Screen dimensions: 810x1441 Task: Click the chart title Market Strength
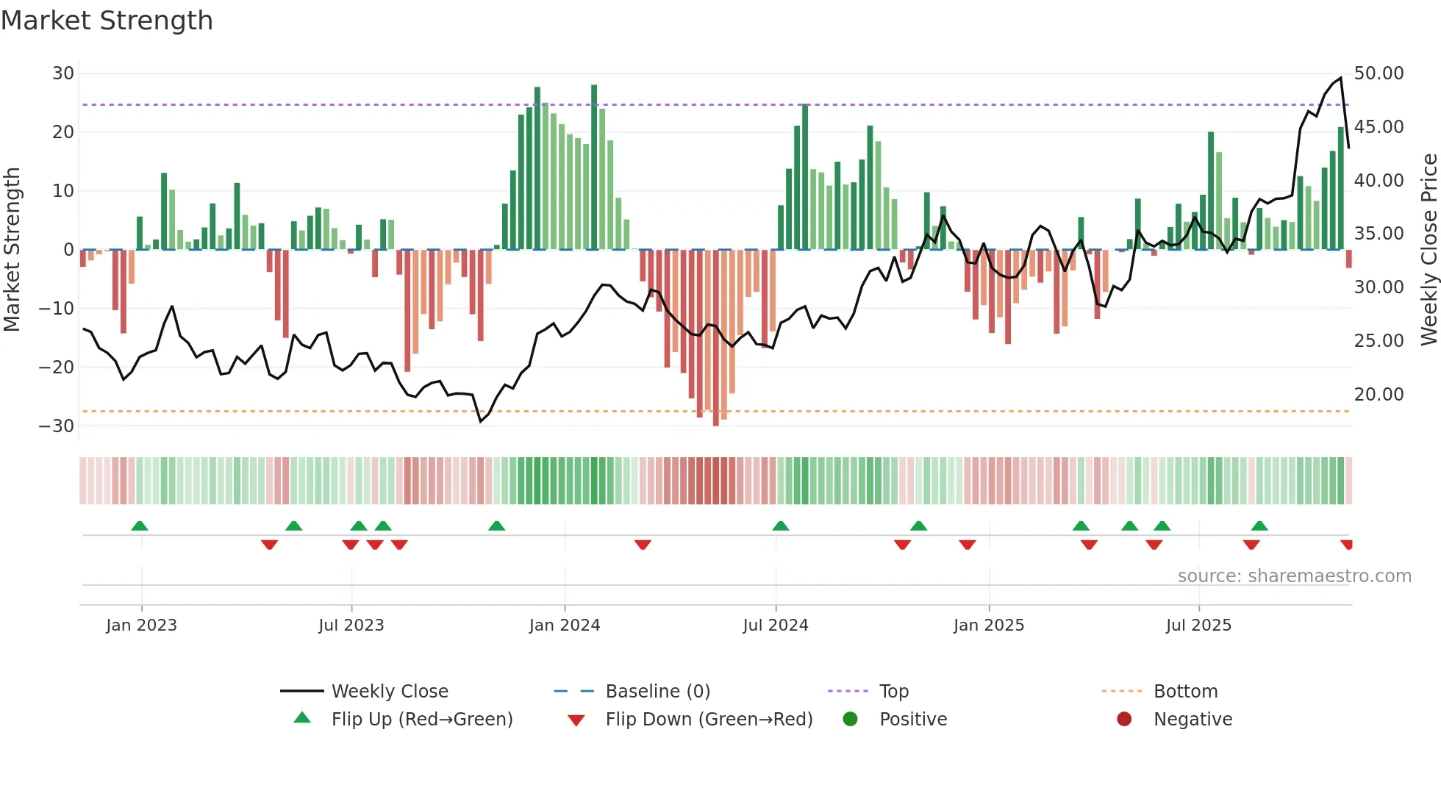pos(107,21)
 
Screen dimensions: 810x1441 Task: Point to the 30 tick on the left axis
pos(63,74)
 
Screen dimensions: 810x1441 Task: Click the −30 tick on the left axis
pos(57,426)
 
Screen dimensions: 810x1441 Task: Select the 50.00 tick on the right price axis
pos(1379,74)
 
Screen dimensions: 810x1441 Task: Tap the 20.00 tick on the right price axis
pos(1379,395)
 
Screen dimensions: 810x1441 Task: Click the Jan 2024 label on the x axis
pos(564,626)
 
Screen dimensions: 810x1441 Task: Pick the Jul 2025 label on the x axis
pos(1198,626)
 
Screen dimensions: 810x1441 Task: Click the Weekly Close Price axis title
pos(1429,250)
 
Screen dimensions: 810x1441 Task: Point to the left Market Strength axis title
pos(12,250)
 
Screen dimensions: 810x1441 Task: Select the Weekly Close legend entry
pos(389,692)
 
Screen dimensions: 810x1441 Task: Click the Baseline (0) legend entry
pos(657,692)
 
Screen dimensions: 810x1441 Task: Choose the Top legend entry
pos(893,692)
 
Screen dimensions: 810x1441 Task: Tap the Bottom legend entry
pos(1185,692)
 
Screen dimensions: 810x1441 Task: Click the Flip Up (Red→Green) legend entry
pos(421,720)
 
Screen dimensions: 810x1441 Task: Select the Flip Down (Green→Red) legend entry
pos(709,720)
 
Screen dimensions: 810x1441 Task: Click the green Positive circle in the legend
pos(850,720)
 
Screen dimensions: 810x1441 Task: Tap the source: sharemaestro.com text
pos(1294,576)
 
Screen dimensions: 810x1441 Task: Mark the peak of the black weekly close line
pos(1341,78)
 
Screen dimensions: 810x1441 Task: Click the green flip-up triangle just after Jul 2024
pos(781,526)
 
